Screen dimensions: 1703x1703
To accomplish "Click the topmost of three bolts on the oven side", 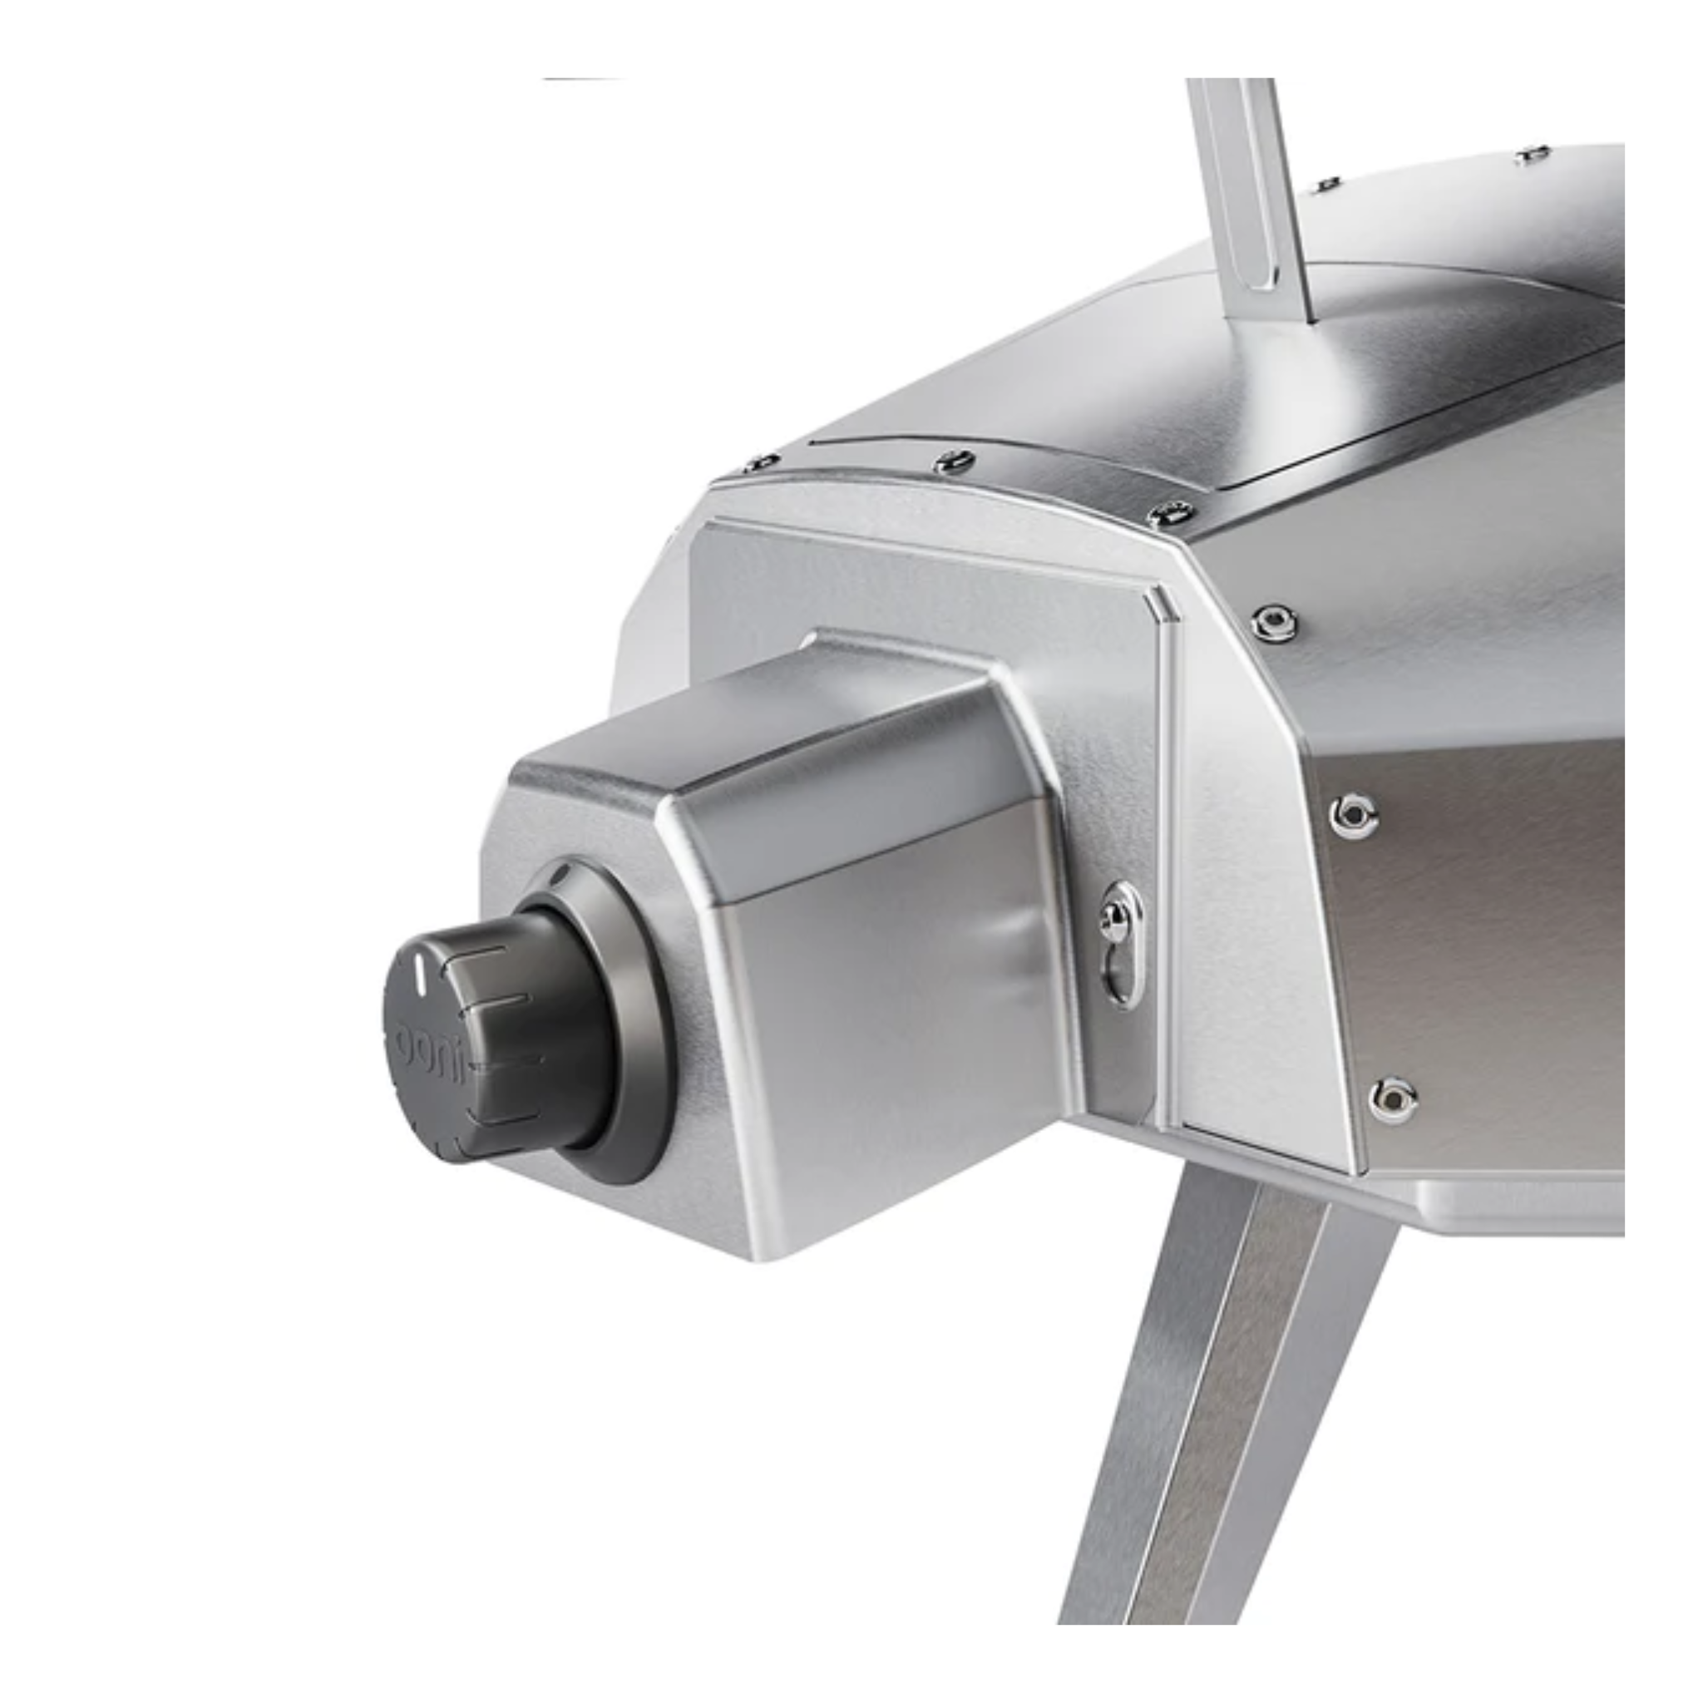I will (x=1273, y=623).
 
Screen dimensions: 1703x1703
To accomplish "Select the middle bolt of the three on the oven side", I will (x=1353, y=814).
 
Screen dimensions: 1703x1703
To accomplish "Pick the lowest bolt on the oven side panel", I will (x=1393, y=1098).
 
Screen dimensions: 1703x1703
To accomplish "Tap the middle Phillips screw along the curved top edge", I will (x=955, y=460).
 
